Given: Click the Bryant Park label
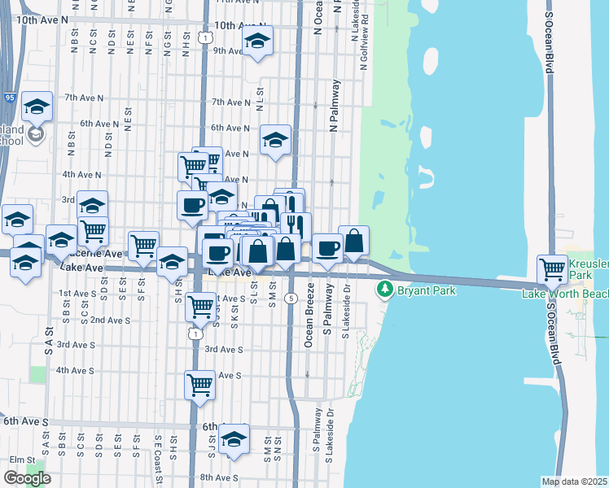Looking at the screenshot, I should (x=427, y=290).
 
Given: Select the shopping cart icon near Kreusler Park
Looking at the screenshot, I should (x=553, y=268).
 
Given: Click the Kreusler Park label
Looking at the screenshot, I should (x=588, y=272).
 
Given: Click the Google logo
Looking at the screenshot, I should (x=27, y=478).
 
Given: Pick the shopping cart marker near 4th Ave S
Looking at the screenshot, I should (x=199, y=385).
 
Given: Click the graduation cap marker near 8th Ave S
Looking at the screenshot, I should (x=234, y=438).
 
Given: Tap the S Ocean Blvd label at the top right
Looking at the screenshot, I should (x=550, y=37).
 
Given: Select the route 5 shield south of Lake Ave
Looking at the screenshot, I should (x=291, y=298).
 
